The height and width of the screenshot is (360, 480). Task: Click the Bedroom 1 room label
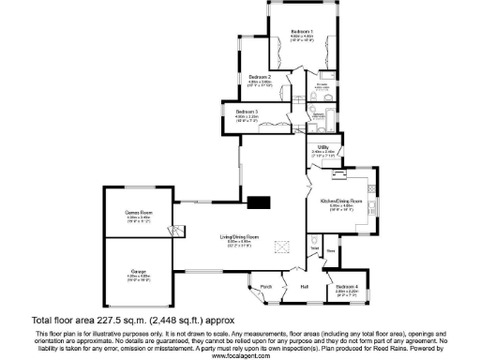[300, 31]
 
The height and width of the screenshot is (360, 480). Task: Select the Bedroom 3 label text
[247, 112]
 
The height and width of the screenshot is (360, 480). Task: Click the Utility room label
[322, 147]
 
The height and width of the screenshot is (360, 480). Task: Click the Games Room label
[139, 215]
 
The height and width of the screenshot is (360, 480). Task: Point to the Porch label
[265, 286]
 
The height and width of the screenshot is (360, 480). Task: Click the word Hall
[305, 286]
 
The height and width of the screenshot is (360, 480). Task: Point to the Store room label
[331, 250]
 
